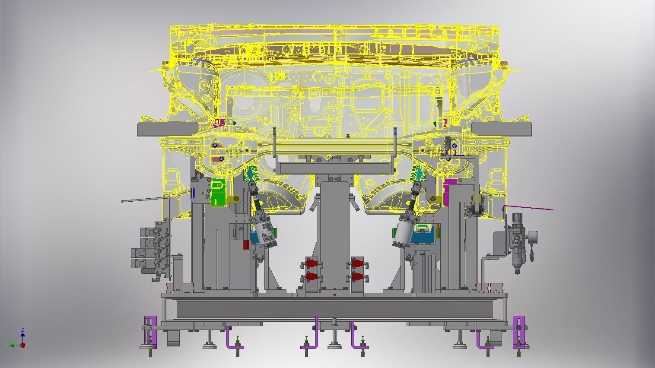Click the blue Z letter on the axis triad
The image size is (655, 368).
pyautogui.click(x=23, y=330)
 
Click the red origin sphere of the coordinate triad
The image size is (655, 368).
pyautogui.click(x=22, y=345)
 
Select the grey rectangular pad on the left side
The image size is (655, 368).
pyautogui.click(x=168, y=129)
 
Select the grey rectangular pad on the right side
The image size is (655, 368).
pyautogui.click(x=502, y=129)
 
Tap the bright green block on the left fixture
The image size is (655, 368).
pyautogui.click(x=219, y=192)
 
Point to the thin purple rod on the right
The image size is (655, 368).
pyautogui.click(x=528, y=208)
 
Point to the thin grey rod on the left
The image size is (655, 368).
pyautogui.click(x=145, y=200)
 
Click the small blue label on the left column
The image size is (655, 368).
pyautogui.click(x=193, y=194)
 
